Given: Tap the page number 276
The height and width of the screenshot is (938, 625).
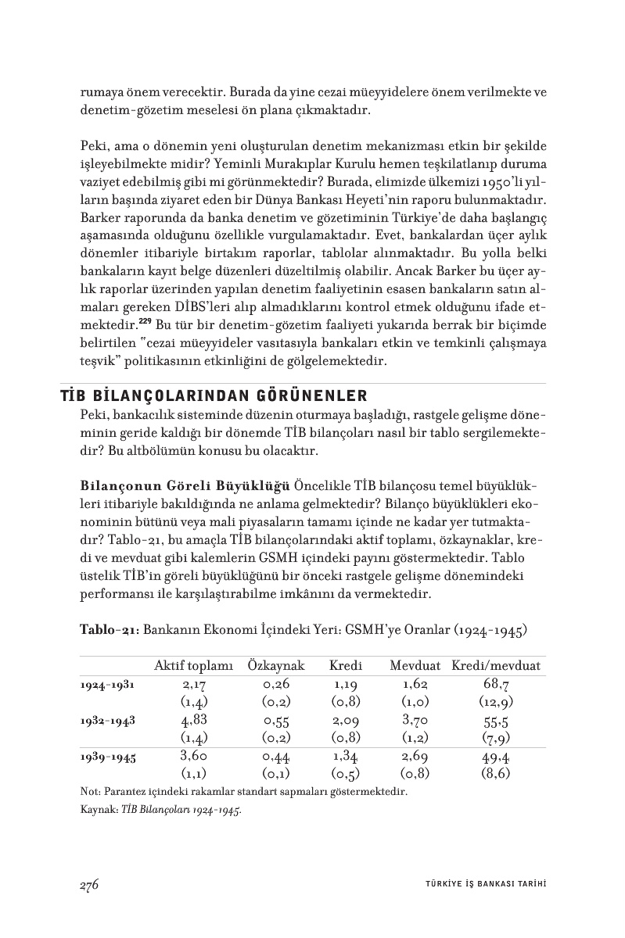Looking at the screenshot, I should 88,884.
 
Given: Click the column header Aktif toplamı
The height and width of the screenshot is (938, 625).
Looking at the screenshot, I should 193,666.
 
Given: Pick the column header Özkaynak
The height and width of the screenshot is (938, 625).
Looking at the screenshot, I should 276,666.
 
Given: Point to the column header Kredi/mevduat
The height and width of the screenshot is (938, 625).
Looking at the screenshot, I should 496,666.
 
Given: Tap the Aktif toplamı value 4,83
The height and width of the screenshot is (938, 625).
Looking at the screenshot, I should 193,720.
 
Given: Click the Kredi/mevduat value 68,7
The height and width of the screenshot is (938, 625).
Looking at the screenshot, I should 497,684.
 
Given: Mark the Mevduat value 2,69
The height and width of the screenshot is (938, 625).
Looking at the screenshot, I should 415,756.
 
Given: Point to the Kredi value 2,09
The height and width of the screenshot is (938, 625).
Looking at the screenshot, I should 345,720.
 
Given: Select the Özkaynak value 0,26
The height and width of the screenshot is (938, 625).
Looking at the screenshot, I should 277,684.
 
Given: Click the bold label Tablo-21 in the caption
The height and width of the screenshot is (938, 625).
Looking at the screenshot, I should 109,629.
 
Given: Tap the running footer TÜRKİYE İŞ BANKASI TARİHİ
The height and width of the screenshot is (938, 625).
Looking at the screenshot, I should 480,885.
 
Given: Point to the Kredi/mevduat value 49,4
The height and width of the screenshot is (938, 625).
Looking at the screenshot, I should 497,756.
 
